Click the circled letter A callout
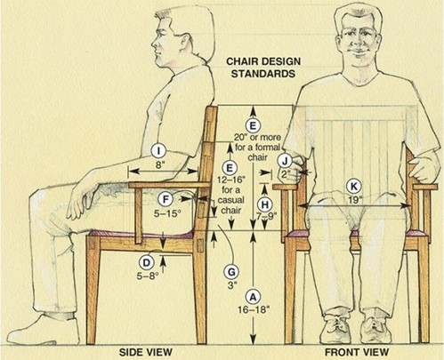253,297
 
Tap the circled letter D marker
146,263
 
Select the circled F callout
165,199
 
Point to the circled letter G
231,272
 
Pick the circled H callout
265,204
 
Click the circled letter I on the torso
159,151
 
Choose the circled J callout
285,161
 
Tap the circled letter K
353,187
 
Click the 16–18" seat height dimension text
254,309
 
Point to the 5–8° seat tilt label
148,276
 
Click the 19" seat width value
353,200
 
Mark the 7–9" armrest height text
267,216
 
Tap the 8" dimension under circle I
159,164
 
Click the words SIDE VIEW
146,352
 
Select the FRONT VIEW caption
357,352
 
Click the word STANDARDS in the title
263,74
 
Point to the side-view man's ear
184,43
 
